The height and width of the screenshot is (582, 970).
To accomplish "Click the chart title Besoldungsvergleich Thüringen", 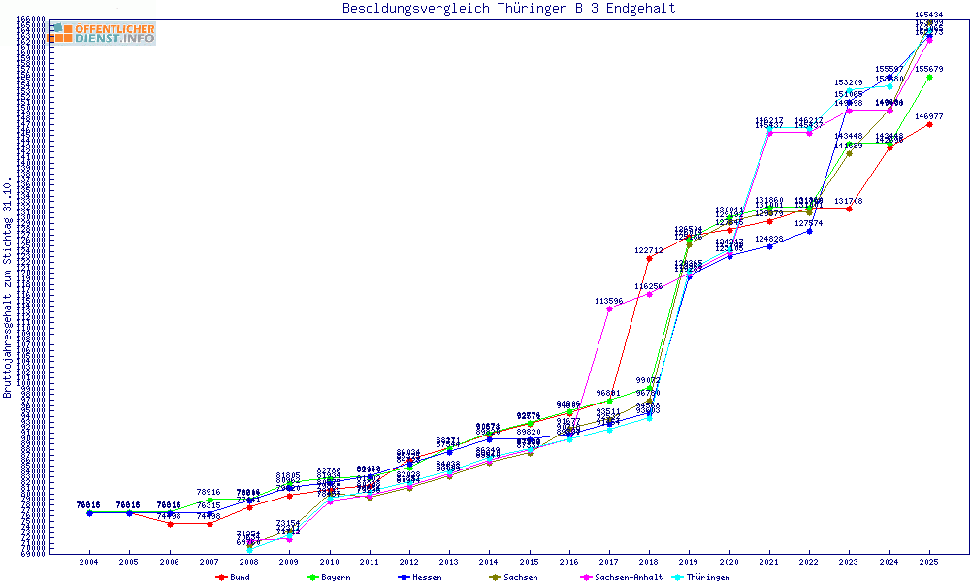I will tap(508, 9).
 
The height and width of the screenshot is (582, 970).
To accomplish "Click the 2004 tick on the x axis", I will tap(88, 562).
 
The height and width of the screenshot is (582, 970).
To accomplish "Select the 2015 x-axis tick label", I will tap(529, 562).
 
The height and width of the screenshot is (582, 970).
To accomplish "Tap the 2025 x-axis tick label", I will tap(929, 562).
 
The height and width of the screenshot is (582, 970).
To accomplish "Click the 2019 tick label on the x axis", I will tap(689, 562).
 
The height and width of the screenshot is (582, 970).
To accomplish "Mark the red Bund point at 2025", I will tap(929, 124).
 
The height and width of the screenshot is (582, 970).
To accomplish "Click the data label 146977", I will tap(929, 116).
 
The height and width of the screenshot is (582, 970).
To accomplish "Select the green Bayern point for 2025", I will tap(929, 77).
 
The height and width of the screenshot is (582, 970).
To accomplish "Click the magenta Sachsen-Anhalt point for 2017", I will tap(608, 308).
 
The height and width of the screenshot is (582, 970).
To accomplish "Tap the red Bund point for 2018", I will tap(649, 258).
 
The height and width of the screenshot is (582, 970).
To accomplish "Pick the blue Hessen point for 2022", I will tap(809, 231).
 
